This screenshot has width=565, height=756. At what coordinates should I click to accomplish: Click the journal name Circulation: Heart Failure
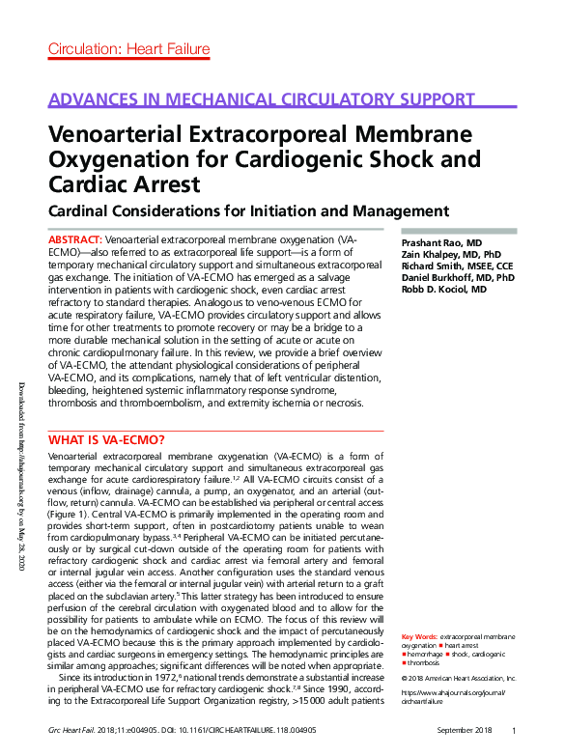click(x=128, y=49)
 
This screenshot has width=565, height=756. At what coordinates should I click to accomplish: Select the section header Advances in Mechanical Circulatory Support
click(x=261, y=100)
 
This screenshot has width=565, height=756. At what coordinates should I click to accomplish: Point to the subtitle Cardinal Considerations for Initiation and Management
click(x=249, y=210)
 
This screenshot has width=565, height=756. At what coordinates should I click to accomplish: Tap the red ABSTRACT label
click(x=74, y=238)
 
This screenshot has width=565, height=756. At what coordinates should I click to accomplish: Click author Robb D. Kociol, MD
click(x=443, y=288)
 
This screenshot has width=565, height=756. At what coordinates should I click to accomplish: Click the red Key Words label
click(x=418, y=637)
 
